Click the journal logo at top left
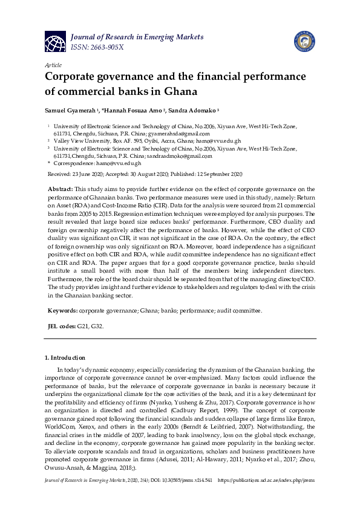pyautogui.click(x=56, y=41)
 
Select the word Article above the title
pyautogui.click(x=53, y=64)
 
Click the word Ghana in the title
pyautogui.click(x=181, y=92)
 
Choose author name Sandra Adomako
pyautogui.click(x=194, y=112)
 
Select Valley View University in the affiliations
pyautogui.click(x=80, y=140)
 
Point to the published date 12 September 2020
pyautogui.click(x=217, y=173)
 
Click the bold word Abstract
pyautogui.click(x=61, y=190)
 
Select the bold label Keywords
pyautogui.click(x=62, y=311)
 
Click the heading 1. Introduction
pyautogui.click(x=66, y=358)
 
